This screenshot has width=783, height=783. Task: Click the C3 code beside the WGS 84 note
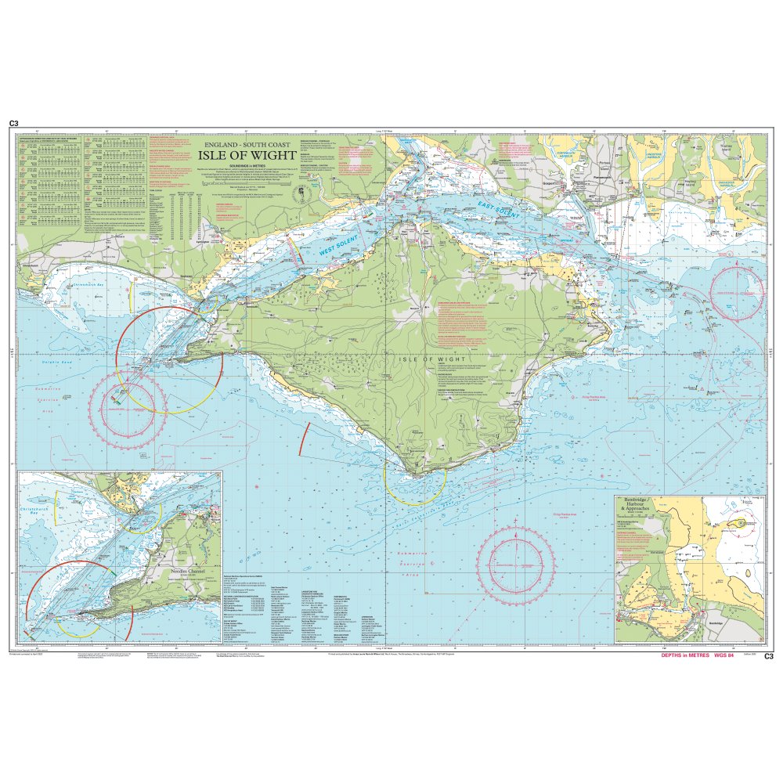(768, 656)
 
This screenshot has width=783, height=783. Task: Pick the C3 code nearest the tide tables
(13, 124)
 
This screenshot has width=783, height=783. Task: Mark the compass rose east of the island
(736, 293)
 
